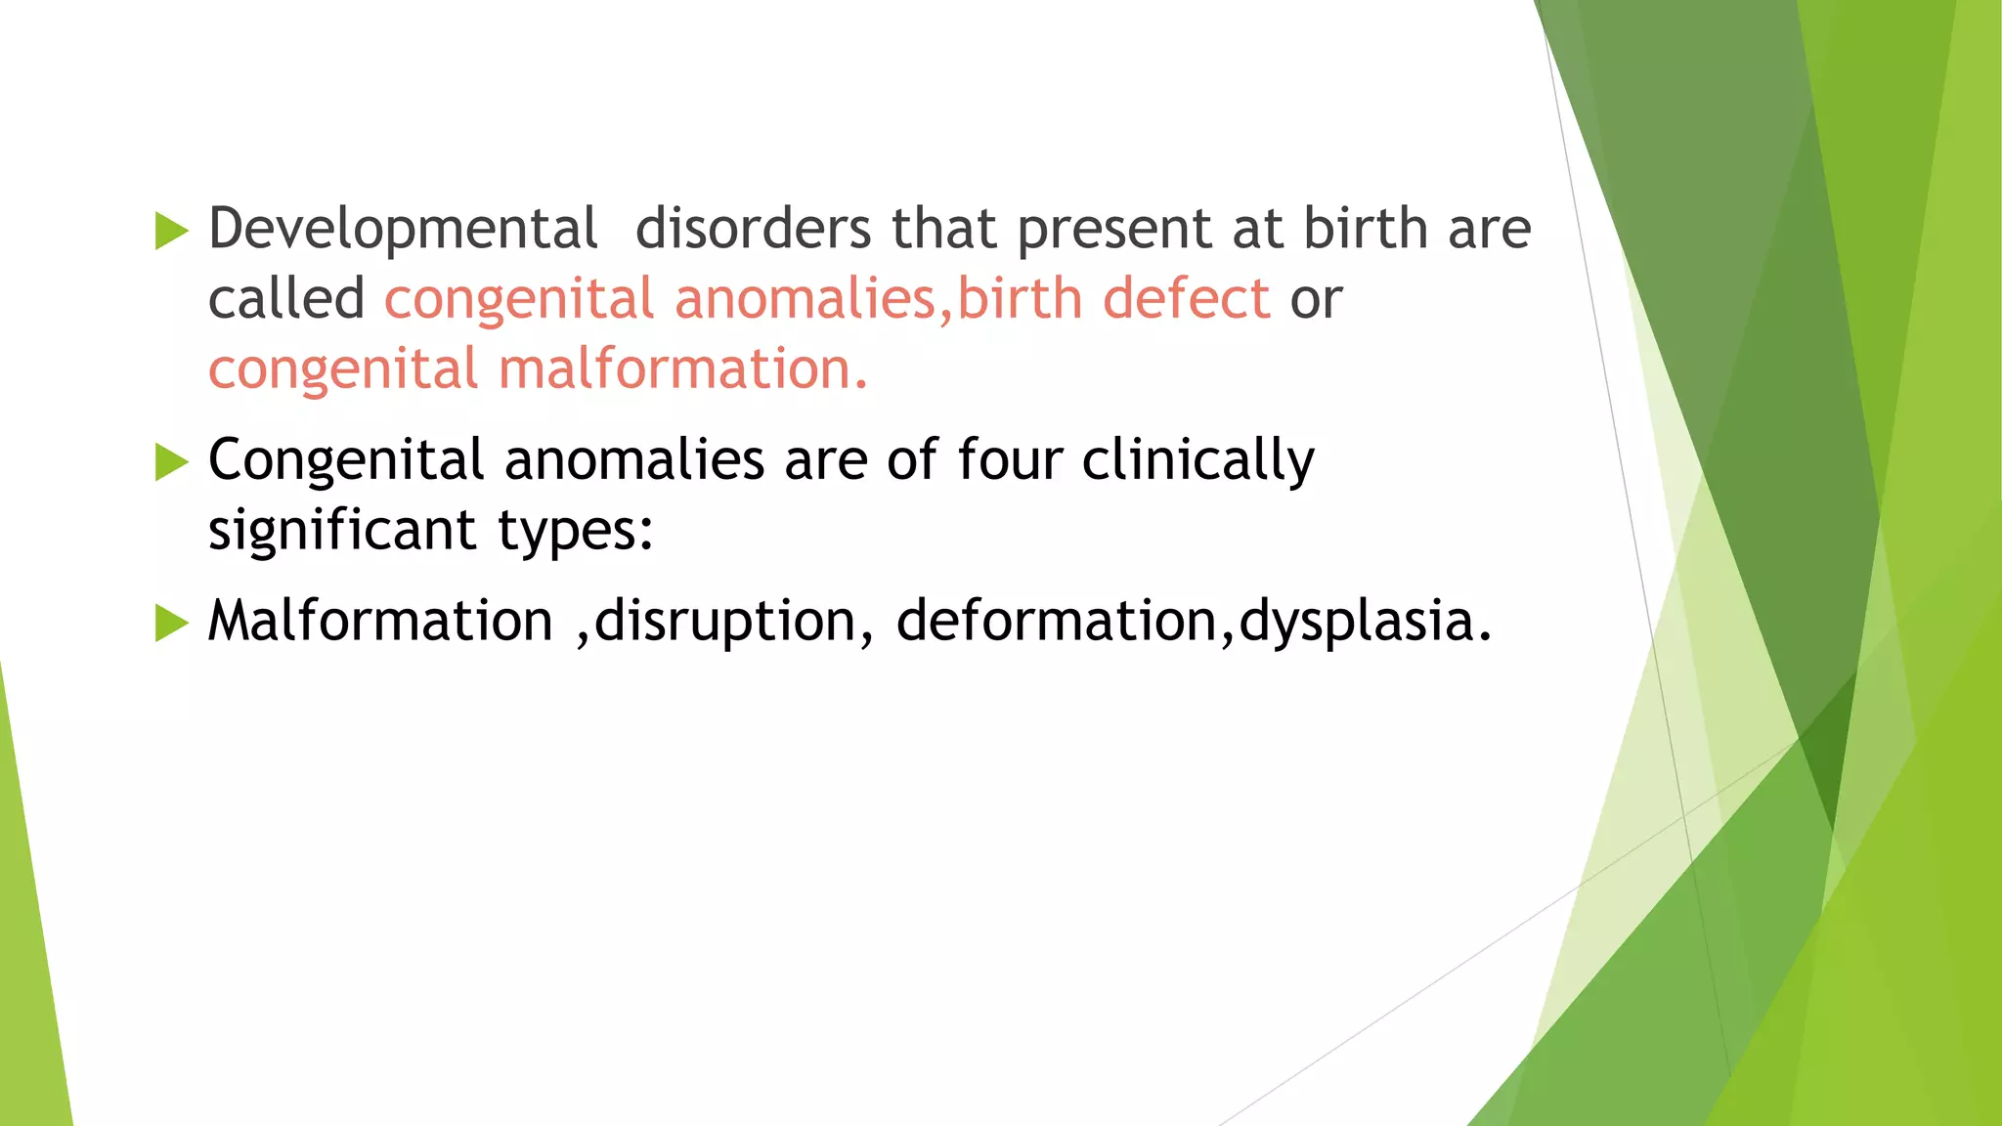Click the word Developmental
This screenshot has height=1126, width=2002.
click(x=403, y=231)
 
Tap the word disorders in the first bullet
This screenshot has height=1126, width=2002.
click(x=753, y=229)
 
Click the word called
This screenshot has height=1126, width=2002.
click(x=286, y=299)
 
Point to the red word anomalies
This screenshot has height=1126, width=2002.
click(x=805, y=299)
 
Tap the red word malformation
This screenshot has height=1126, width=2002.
click(x=682, y=370)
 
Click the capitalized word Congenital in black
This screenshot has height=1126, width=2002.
click(x=346, y=460)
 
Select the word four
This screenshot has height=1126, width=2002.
click(x=1009, y=459)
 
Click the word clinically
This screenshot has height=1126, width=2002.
click(x=1198, y=461)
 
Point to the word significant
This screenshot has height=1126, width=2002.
click(x=342, y=531)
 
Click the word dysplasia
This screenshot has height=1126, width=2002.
click(x=1365, y=623)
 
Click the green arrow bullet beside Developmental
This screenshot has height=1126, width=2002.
click(x=171, y=232)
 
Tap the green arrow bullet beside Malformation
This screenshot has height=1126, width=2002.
click(x=171, y=624)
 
